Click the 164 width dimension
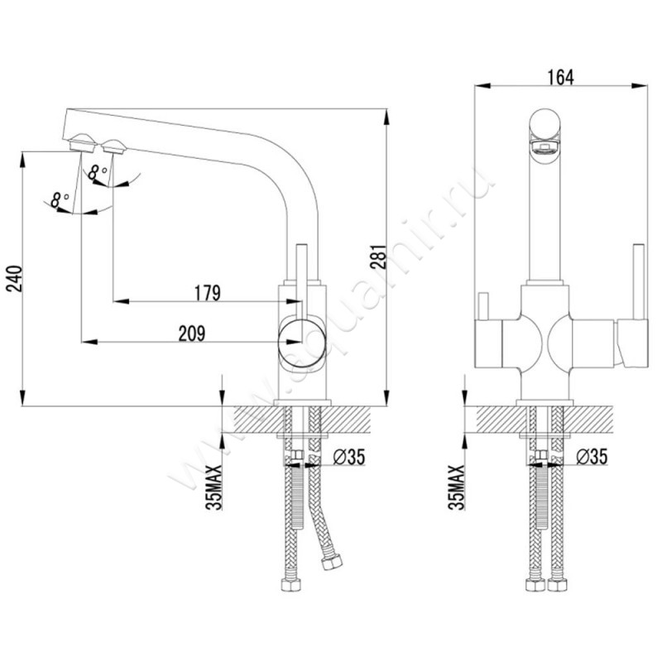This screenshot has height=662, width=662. click(560, 77)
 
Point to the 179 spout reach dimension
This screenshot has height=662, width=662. click(206, 292)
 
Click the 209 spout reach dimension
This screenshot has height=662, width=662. click(191, 333)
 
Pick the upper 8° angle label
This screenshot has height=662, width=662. click(99, 171)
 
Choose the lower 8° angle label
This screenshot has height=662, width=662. click(60, 199)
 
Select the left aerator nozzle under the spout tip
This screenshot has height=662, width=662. click(82, 143)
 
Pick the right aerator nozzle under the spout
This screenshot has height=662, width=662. click(113, 148)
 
